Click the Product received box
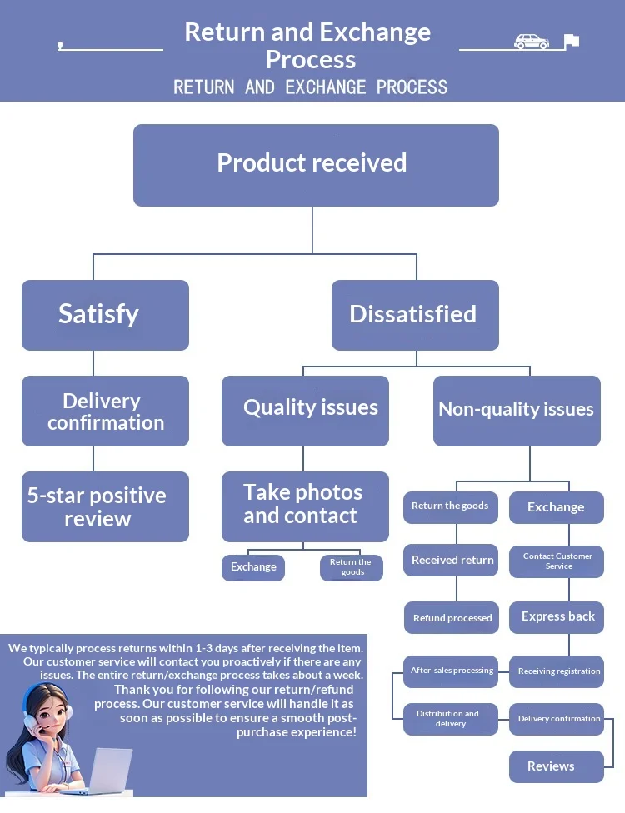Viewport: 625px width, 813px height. [316, 165]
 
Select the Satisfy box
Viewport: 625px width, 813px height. [105, 315]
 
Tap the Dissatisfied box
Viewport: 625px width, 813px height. [415, 315]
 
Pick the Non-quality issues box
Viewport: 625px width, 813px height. [517, 411]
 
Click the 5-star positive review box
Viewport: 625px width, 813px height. [105, 506]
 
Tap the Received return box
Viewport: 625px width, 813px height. [452, 561]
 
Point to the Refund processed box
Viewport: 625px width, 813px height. [452, 618]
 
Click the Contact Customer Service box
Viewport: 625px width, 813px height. [557, 561]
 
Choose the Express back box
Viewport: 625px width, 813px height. [557, 617]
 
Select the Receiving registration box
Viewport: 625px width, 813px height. [557, 671]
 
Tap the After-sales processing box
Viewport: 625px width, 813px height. [451, 671]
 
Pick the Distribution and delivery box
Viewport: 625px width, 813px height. [451, 719]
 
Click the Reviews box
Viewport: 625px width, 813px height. [556, 766]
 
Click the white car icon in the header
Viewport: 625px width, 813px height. [532, 42]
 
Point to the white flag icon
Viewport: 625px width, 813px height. [571, 41]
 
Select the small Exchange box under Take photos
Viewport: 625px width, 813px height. [253, 567]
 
